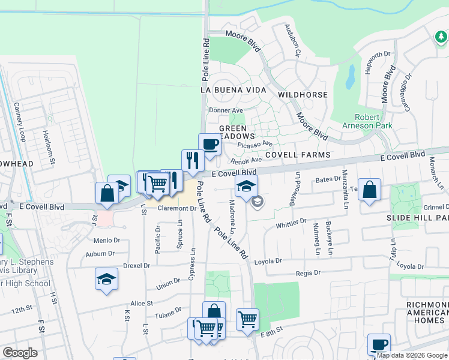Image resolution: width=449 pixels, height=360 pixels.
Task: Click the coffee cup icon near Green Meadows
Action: tap(209, 144)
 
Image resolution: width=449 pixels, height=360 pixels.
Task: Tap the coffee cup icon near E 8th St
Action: tap(379, 344)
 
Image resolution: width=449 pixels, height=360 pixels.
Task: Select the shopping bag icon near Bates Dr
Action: tap(370, 190)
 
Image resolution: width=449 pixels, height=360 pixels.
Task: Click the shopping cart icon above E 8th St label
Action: tap(247, 319)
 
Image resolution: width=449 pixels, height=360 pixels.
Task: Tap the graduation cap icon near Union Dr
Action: tap(106, 279)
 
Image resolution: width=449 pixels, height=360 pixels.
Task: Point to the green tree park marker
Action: tap(441, 37)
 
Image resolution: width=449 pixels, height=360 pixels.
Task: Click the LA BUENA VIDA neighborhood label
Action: tap(232, 89)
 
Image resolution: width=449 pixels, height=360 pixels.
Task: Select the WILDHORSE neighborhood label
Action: tap(303, 95)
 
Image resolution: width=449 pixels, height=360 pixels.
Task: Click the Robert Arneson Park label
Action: tap(367, 121)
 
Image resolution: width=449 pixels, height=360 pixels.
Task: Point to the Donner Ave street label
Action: tap(226, 110)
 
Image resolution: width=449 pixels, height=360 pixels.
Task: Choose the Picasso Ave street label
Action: tap(255, 144)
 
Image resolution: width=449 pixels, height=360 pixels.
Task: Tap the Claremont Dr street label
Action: tap(177, 209)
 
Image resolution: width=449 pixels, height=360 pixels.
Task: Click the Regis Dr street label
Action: tap(309, 272)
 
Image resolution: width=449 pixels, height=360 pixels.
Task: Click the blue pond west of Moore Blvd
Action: tap(350, 77)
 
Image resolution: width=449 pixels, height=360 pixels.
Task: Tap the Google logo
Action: tap(20, 352)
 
